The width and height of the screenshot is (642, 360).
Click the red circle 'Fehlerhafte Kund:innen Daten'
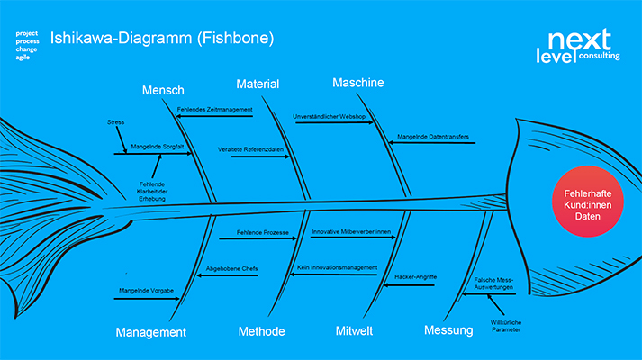(588, 202)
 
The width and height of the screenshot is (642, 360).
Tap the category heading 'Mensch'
(163, 90)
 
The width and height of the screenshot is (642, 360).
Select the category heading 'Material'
(258, 84)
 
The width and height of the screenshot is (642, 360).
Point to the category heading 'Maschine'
(357, 83)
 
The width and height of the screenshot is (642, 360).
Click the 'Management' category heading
(151, 332)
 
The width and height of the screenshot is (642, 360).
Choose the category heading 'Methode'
(261, 331)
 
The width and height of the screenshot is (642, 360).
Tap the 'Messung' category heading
(448, 330)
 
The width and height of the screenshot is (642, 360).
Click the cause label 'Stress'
(114, 121)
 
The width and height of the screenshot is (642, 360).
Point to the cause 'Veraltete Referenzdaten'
(245, 148)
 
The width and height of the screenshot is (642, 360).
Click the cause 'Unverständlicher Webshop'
(328, 117)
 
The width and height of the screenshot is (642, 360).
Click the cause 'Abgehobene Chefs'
(233, 267)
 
